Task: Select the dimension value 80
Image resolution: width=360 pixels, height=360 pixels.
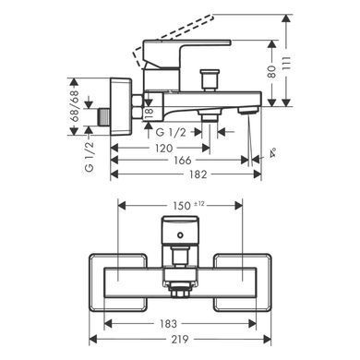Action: (272, 71)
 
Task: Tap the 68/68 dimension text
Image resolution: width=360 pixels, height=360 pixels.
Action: (75, 106)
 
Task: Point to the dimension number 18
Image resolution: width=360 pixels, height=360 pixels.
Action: (150, 113)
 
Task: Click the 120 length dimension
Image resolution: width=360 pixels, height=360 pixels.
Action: (163, 149)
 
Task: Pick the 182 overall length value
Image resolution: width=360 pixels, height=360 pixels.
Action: (198, 174)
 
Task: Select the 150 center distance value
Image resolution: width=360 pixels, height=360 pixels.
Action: (182, 206)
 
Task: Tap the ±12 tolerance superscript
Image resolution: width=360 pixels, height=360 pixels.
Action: (199, 203)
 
